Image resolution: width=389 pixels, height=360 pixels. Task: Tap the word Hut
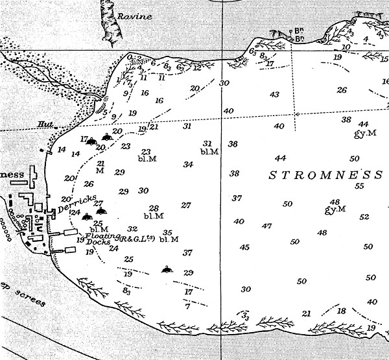[45, 123]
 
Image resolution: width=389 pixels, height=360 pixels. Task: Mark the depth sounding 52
[364, 217]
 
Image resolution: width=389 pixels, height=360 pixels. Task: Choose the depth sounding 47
[266, 226]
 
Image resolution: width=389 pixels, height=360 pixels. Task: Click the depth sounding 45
[244, 247]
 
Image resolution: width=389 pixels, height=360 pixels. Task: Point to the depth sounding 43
[274, 95]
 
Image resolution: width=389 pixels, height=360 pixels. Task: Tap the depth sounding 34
[188, 165]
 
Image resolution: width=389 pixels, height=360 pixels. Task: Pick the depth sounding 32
[133, 229]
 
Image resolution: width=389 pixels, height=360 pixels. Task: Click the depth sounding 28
[154, 208]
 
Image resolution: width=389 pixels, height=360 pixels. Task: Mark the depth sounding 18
[342, 311]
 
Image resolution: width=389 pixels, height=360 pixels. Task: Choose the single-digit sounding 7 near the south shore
[187, 306]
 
